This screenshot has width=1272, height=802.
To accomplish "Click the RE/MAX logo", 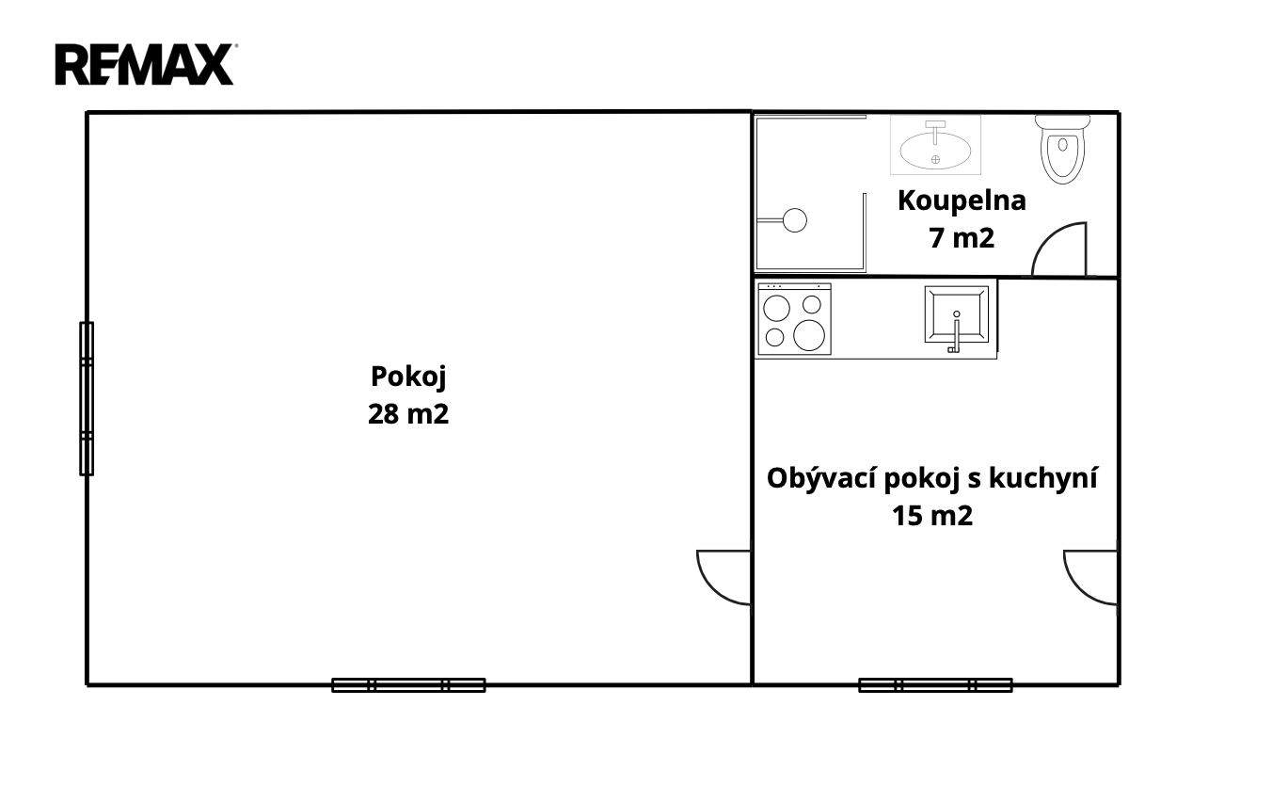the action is [x=146, y=64].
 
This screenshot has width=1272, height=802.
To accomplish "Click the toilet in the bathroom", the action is [x=1062, y=150].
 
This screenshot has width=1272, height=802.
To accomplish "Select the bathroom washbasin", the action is [x=935, y=145].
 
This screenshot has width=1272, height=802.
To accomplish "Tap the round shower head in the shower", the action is [x=795, y=220].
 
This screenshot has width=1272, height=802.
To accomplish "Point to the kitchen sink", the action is [x=957, y=315].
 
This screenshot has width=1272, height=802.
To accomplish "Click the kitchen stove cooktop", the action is [x=794, y=319].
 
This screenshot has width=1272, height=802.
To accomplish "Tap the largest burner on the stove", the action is [x=808, y=335].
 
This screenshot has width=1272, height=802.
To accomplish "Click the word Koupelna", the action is [x=962, y=201].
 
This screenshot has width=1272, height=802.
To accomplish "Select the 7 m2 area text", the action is [x=962, y=238].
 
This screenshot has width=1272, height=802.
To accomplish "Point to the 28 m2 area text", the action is [x=408, y=414].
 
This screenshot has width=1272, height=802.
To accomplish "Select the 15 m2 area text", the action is [x=932, y=516].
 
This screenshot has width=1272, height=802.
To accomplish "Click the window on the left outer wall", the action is [x=87, y=399].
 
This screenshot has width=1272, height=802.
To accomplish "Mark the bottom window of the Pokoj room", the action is [x=409, y=685].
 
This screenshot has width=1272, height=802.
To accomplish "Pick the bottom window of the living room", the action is [x=936, y=685].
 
